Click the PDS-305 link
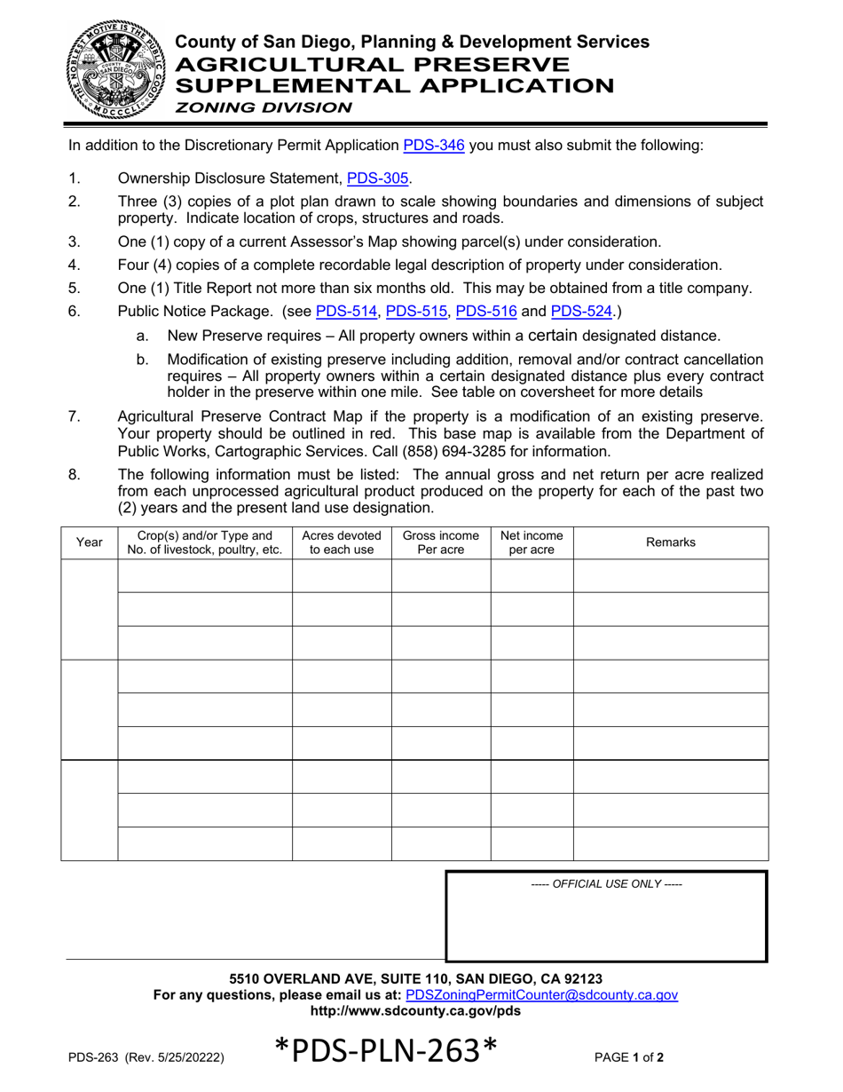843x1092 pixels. pyautogui.click(x=378, y=178)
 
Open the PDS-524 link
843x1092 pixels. pyautogui.click(x=582, y=312)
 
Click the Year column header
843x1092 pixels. pyautogui.click(x=90, y=542)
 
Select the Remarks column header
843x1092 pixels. pyautogui.click(x=670, y=542)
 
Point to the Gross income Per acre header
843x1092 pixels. pyautogui.click(x=441, y=542)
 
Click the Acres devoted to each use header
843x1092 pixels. pyautogui.click(x=342, y=542)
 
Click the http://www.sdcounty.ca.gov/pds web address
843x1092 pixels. pyautogui.click(x=415, y=1011)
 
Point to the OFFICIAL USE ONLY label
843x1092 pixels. pyautogui.click(x=606, y=884)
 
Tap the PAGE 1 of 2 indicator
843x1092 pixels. pyautogui.click(x=629, y=1057)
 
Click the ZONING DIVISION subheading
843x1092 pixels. pyautogui.click(x=262, y=107)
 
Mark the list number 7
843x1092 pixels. pyautogui.click(x=74, y=417)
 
